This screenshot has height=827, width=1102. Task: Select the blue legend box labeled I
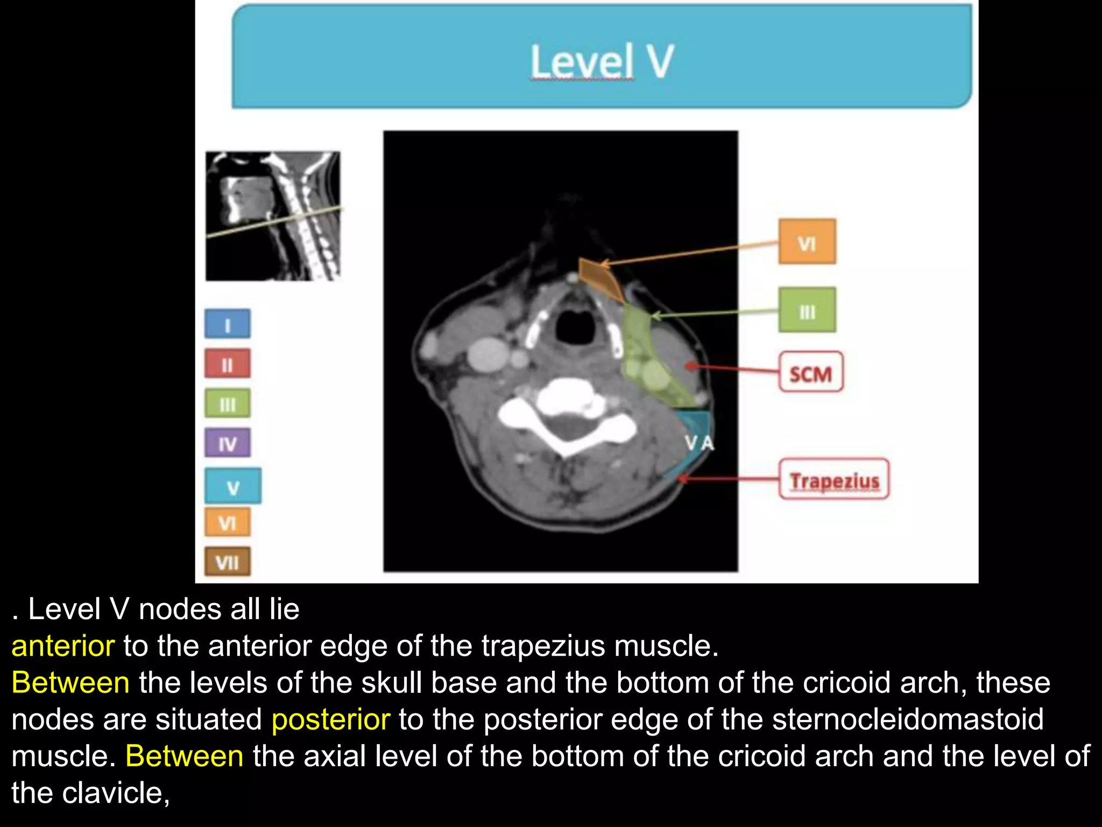[227, 324]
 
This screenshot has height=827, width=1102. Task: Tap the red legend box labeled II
[227, 364]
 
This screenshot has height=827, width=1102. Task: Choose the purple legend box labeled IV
[227, 443]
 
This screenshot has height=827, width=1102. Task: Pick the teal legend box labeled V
[232, 486]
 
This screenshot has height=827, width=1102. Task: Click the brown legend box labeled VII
[227, 562]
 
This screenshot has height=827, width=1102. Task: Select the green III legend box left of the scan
[227, 403]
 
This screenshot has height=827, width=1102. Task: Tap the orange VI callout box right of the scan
[807, 242]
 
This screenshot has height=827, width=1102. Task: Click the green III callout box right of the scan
[807, 311]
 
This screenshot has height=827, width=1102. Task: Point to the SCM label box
[810, 373]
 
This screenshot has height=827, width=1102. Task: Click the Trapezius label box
[833, 479]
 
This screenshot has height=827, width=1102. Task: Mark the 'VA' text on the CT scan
[699, 443]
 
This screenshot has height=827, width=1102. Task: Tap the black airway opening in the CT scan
[575, 326]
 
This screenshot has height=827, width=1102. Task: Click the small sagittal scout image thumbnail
[273, 216]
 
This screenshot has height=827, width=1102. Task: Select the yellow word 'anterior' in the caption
[63, 646]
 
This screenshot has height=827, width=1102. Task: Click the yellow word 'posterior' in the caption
[330, 719]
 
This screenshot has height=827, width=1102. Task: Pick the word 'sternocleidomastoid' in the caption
[908, 719]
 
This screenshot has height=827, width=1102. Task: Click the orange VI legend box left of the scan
[227, 522]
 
